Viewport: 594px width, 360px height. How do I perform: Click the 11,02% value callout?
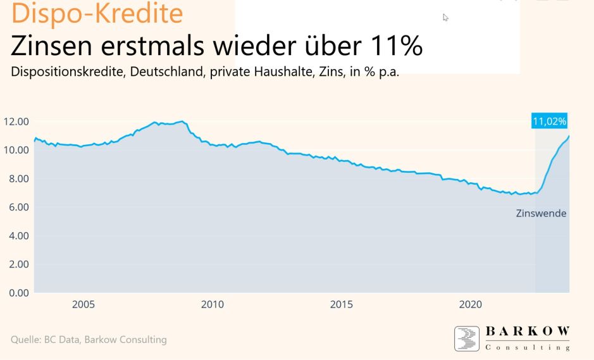[550, 121]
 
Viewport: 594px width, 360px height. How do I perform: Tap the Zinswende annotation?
[541, 213]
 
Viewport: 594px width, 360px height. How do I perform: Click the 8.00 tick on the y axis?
[18, 178]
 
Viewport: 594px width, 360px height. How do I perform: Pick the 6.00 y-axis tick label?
[18, 207]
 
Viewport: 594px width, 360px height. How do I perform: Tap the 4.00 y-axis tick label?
[18, 235]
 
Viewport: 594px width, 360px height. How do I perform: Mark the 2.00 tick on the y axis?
[18, 264]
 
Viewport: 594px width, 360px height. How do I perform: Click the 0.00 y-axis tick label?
[18, 292]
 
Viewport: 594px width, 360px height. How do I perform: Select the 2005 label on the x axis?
[84, 304]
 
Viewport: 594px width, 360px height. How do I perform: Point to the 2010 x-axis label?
[213, 304]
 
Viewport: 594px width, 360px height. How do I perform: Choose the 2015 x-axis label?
[342, 304]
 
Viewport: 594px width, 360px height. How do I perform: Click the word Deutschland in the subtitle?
[158, 70]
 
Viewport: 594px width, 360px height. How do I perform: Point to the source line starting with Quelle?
[89, 340]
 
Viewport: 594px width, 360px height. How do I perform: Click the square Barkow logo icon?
[467, 338]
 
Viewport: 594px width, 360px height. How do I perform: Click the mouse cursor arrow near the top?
[445, 17]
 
